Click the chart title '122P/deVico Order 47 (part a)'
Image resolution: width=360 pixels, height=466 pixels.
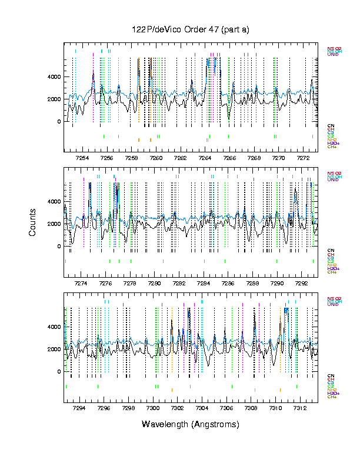191,29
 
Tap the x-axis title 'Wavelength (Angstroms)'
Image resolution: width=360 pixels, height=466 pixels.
191,424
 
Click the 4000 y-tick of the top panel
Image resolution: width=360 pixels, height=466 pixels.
54,77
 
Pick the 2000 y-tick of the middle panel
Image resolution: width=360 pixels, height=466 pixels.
54,224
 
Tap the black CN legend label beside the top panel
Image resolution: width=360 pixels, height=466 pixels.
331,125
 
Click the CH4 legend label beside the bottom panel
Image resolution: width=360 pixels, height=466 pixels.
332,397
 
